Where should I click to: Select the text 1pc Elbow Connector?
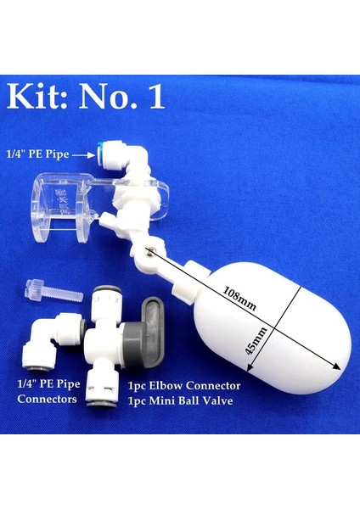point(183,384)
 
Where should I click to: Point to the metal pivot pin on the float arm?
point(149,249)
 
